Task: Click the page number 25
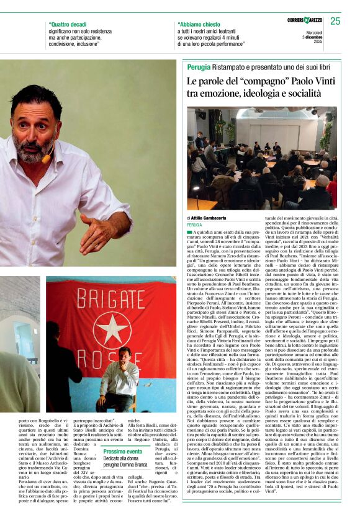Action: click(335, 22)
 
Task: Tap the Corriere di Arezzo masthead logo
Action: click(305, 21)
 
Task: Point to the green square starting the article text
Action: click(189, 231)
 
